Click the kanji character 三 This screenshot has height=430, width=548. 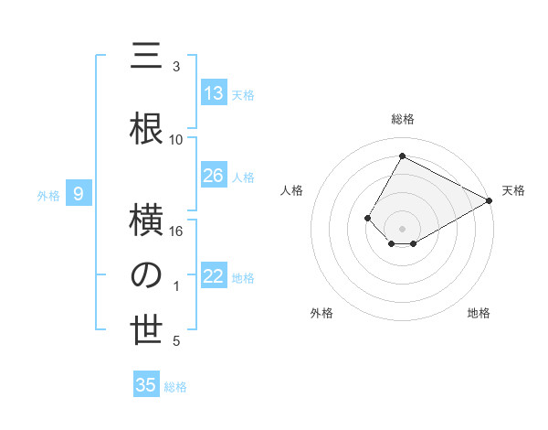tap(147, 58)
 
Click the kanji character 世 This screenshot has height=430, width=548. tap(147, 331)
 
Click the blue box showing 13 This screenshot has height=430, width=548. tap(214, 93)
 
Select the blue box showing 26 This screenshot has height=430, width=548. tap(214, 176)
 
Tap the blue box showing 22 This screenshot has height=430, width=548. tap(214, 277)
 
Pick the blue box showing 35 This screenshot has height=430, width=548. tap(146, 385)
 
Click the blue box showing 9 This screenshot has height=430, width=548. tap(79, 194)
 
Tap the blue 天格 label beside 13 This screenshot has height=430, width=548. tap(243, 94)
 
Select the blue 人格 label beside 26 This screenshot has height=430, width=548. tap(243, 177)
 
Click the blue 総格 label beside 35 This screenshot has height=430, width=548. tap(175, 387)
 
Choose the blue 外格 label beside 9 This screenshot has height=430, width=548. tap(47, 195)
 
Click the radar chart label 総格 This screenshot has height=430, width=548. tap(402, 119)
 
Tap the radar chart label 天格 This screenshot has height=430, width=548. tap(513, 190)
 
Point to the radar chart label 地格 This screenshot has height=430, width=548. tap(479, 313)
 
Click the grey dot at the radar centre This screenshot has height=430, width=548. tap(402, 227)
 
